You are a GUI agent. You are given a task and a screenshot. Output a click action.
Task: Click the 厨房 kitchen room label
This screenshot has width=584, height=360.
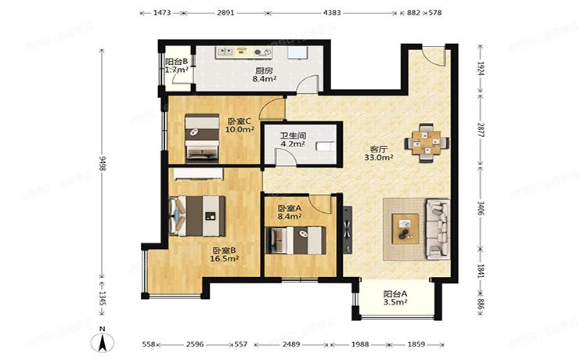(x=263, y=70)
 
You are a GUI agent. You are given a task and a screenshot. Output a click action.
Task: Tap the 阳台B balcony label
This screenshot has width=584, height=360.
(x=176, y=60)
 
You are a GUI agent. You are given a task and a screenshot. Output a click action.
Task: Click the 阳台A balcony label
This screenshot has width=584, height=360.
(x=395, y=294)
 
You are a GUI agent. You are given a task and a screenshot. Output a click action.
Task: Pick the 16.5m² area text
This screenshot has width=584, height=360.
(x=225, y=257)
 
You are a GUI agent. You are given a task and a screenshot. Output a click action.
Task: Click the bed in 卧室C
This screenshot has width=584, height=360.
(x=201, y=137)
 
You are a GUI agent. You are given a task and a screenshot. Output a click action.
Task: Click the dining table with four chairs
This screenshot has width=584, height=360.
(x=427, y=142)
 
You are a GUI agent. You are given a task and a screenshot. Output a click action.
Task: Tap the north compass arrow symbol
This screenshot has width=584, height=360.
(x=101, y=342)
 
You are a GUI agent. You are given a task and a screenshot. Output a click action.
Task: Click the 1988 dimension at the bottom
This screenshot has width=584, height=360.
(x=362, y=344)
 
